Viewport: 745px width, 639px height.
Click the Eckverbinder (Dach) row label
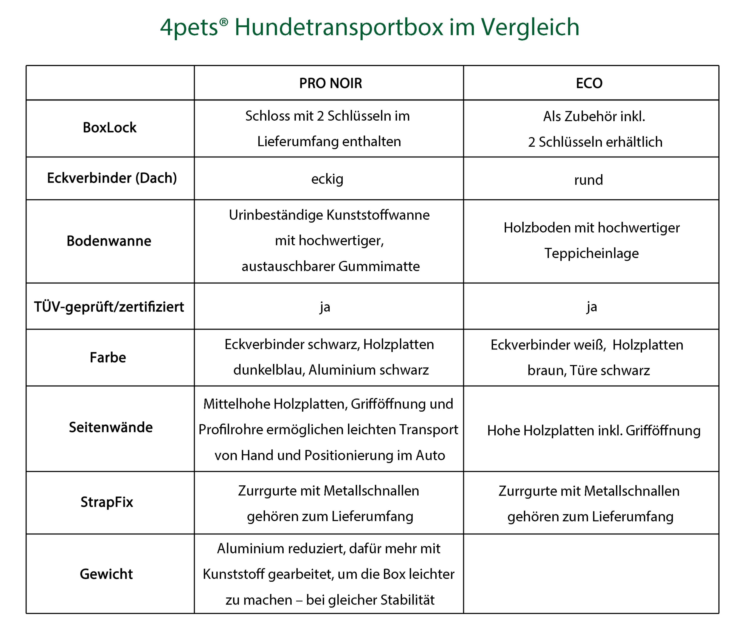tap(112, 178)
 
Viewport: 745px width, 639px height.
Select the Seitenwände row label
tap(111, 427)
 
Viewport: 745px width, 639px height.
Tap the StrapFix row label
tap(107, 502)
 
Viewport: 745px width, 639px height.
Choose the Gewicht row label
tap(107, 574)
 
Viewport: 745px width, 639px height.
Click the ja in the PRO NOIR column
tap(325, 307)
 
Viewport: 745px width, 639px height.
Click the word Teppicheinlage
tap(592, 253)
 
